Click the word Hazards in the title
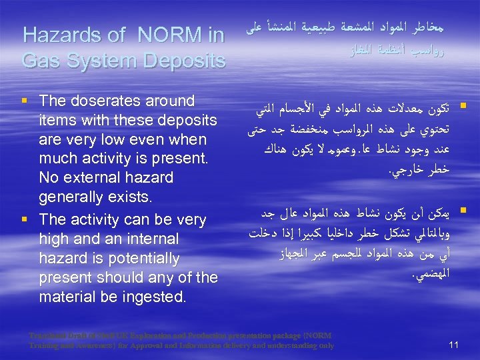[x=57, y=35]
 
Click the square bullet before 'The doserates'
[x=25, y=102]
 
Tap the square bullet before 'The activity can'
[x=25, y=220]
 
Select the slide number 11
[x=453, y=344]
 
